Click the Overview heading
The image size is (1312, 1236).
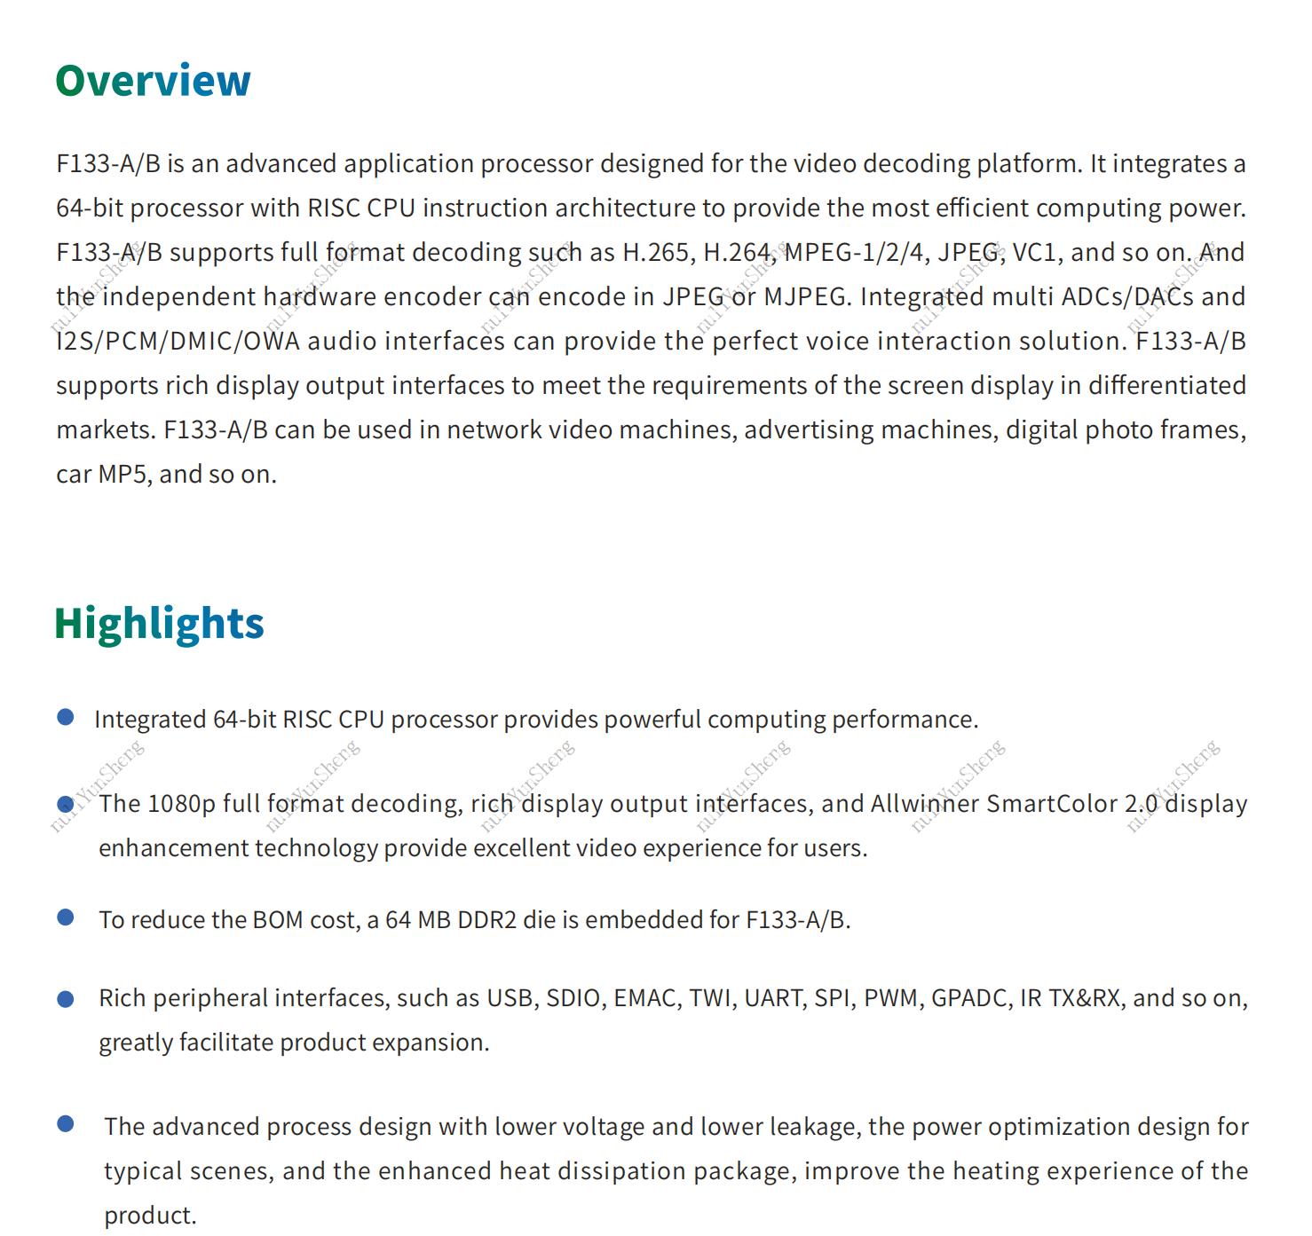[x=153, y=81]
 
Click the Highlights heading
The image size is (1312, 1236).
[x=159, y=623]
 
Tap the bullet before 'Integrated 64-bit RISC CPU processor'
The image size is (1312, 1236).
[x=66, y=717]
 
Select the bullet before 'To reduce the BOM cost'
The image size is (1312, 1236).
[x=66, y=917]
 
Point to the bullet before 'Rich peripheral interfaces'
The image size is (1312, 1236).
[x=66, y=999]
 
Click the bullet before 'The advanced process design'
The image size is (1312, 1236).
[x=66, y=1124]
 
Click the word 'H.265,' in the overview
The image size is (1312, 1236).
[x=659, y=253]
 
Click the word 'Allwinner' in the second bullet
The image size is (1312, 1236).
[x=924, y=804]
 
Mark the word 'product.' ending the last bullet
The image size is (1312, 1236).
[x=150, y=1216]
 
